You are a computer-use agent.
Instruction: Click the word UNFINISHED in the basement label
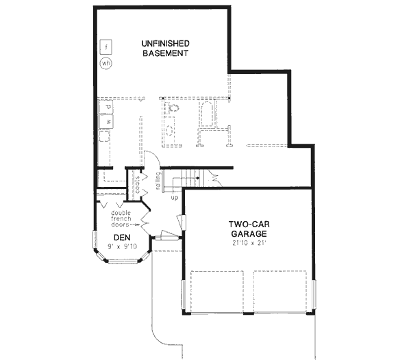[165, 44]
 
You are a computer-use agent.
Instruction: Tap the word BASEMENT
[165, 55]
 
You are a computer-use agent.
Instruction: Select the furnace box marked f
[106, 47]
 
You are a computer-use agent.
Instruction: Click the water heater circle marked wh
[106, 64]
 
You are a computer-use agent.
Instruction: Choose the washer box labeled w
[108, 122]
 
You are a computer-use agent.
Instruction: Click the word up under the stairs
[175, 198]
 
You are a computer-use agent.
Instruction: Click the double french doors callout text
[123, 218]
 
